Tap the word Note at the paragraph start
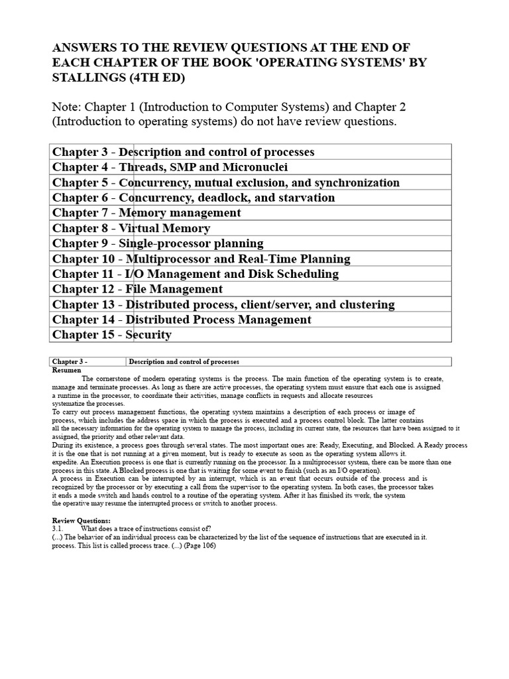point(68,107)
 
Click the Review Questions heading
point(82,521)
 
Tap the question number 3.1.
point(58,528)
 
